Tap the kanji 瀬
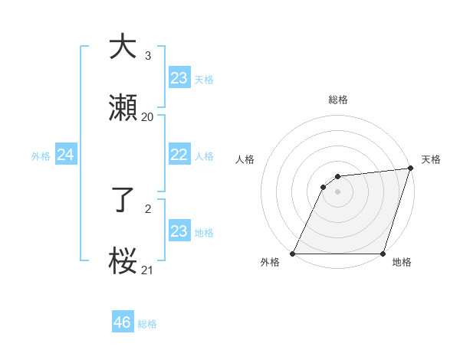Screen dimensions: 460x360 [123, 107]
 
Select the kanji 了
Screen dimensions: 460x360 [123, 201]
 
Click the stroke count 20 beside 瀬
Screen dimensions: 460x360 [147, 117]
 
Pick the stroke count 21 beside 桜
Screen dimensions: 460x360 [147, 270]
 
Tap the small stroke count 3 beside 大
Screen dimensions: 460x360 [148, 56]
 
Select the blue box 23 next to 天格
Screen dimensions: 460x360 [179, 78]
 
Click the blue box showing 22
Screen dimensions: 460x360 [179, 155]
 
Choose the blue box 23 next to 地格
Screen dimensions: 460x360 [179, 231]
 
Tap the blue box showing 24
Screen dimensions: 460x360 [65, 155]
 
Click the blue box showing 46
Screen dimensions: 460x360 [123, 322]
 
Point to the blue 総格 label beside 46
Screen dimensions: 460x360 [147, 324]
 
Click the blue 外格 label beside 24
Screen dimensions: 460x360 [41, 156]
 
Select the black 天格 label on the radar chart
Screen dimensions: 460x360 [431, 159]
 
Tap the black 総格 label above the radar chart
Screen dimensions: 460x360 [338, 100]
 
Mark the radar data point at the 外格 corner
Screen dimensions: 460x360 [293, 254]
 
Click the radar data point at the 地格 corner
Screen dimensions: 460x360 [383, 254]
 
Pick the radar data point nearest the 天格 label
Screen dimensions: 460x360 [410, 169]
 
